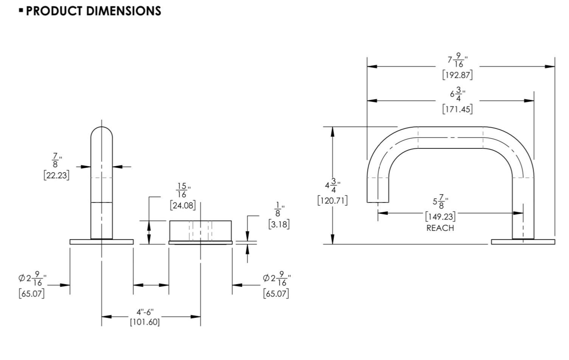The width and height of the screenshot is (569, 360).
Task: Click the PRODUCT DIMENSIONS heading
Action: point(93,11)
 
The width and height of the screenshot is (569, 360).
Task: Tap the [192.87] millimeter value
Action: point(457,75)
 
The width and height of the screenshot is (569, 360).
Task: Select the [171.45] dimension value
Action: point(457,110)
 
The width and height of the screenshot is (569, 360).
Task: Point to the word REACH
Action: point(440,228)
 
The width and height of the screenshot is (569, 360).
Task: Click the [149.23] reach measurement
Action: point(440,216)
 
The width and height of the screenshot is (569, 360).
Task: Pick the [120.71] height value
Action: point(332,201)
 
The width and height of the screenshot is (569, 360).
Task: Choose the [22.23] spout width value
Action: point(56,175)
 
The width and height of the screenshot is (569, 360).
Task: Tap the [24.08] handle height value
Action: point(183,205)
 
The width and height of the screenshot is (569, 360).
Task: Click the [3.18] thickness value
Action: point(279,224)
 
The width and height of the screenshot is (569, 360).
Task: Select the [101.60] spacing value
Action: point(145,322)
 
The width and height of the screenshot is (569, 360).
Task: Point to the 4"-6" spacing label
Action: point(145,312)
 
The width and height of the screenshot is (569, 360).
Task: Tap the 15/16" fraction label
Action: point(183,190)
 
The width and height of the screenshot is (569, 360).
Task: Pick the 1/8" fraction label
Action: point(279,209)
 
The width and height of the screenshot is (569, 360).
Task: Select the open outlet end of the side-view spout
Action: point(378,202)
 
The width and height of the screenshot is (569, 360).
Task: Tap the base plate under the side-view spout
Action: point(523,242)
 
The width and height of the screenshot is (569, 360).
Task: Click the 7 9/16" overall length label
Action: point(457,60)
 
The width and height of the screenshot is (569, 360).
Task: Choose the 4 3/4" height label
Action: point(333,185)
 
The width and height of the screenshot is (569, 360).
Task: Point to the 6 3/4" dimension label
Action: point(457,94)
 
